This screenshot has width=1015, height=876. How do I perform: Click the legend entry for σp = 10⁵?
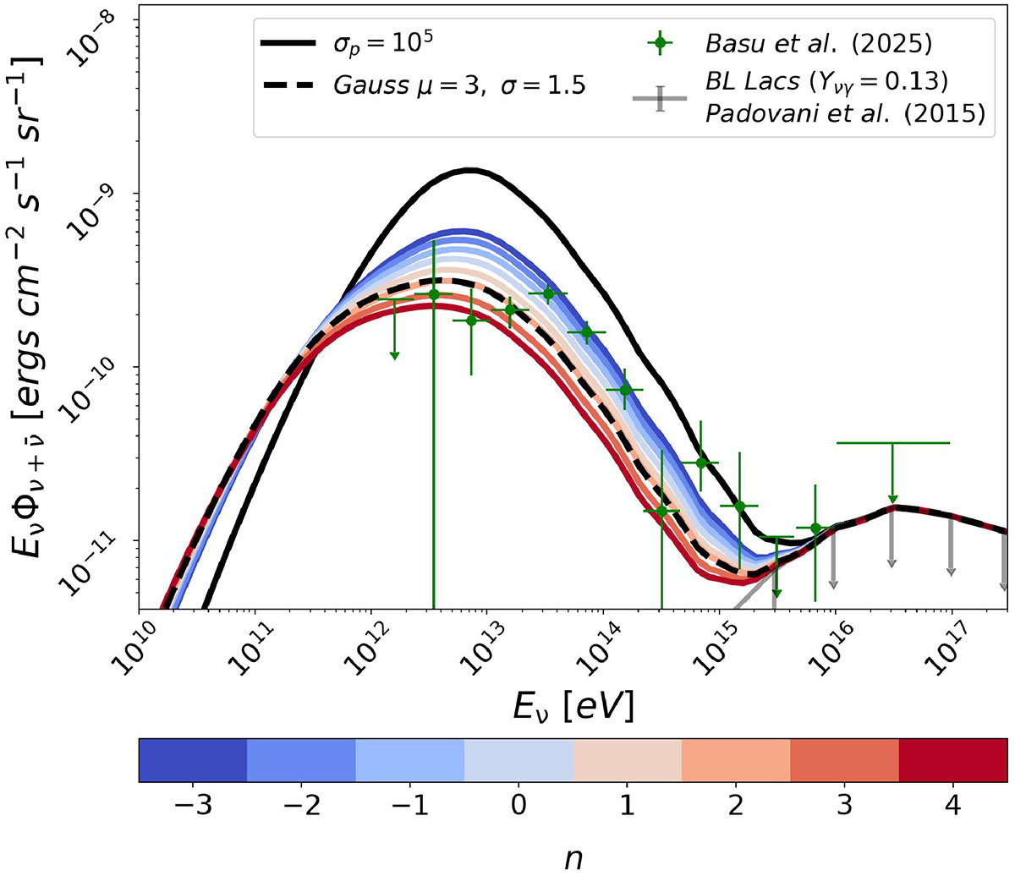pyautogui.click(x=381, y=45)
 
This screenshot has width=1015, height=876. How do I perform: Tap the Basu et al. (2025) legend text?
pyautogui.click(x=819, y=44)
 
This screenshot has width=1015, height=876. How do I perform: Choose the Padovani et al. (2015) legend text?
pyautogui.click(x=845, y=114)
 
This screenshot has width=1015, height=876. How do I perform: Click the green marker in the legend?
pyautogui.click(x=660, y=43)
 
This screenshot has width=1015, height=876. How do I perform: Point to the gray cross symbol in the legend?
pyautogui.click(x=660, y=99)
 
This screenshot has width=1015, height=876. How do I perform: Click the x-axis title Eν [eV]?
pyautogui.click(x=573, y=707)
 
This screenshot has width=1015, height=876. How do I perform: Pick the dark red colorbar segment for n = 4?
pyautogui.click(x=952, y=759)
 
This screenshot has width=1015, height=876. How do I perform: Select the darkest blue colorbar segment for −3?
pyautogui.click(x=193, y=759)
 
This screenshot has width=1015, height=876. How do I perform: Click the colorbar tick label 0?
pyautogui.click(x=518, y=806)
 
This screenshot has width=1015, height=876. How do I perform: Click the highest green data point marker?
pyautogui.click(x=548, y=293)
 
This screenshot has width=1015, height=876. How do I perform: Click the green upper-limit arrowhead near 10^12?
pyautogui.click(x=394, y=356)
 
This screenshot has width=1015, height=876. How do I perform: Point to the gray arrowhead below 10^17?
pyautogui.click(x=951, y=572)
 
